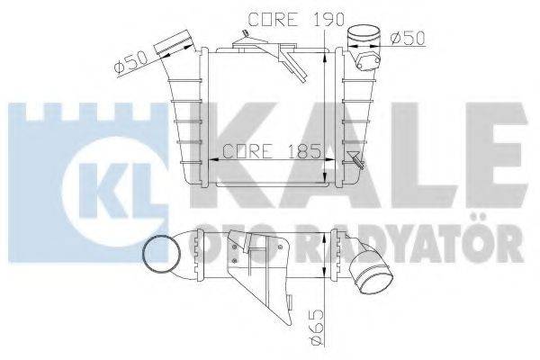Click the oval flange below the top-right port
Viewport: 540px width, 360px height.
click(368, 62)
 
